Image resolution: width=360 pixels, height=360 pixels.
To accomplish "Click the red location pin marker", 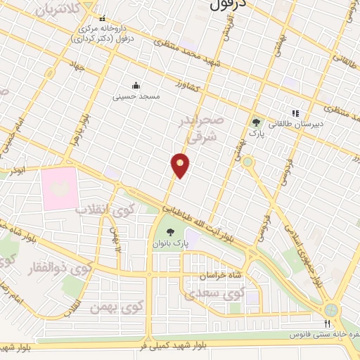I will click(x=180, y=165).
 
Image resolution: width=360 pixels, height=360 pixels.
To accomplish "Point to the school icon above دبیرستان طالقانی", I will click(x=296, y=112).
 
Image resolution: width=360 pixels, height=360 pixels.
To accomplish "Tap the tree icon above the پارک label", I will click(x=255, y=122).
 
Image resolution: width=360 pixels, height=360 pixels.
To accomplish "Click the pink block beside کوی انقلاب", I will click(x=59, y=188).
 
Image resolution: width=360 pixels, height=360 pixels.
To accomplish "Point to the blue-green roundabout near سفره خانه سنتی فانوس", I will click(x=331, y=309).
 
